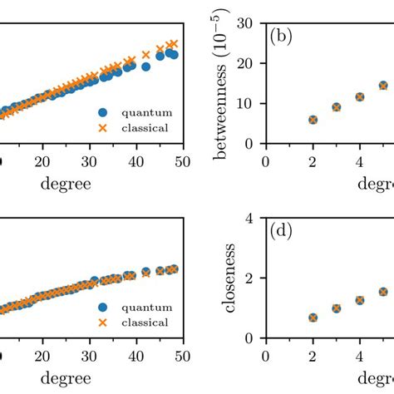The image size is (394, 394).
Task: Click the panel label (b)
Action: pyautogui.click(x=280, y=37)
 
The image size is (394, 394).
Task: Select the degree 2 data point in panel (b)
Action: pyautogui.click(x=313, y=120)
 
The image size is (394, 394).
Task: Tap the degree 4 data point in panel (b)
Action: pyautogui.click(x=360, y=96)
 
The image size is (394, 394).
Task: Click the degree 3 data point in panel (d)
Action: pyautogui.click(x=337, y=308)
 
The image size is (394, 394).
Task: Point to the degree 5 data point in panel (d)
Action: pyautogui.click(x=383, y=292)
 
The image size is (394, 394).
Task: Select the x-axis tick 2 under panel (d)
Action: pyautogui.click(x=313, y=354)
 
